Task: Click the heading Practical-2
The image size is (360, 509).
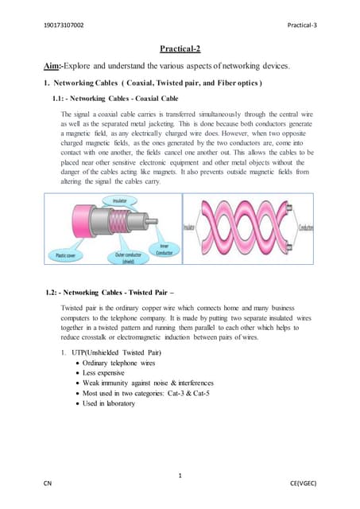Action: pos(180,49)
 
